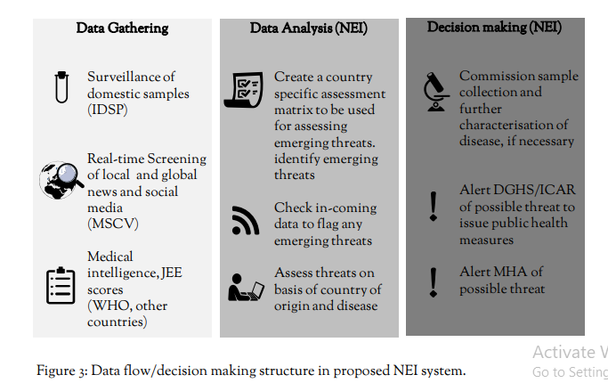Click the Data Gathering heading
[121, 29]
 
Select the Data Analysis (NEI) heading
[308, 29]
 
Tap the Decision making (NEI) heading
[494, 28]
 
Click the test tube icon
[60, 86]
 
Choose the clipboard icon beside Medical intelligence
[60, 285]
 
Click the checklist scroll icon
[245, 89]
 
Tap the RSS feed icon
[245, 220]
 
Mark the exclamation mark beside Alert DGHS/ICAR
[433, 205]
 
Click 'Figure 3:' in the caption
[63, 371]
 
